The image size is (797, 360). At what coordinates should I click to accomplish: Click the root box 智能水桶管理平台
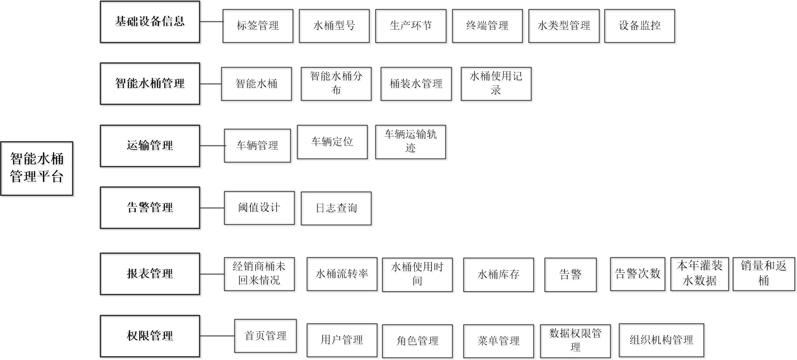point(36,168)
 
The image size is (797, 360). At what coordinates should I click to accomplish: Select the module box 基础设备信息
point(150,22)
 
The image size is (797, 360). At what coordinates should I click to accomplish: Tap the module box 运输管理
point(150,145)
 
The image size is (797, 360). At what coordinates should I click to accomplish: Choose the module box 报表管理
point(150,274)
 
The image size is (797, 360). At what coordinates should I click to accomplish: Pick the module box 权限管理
point(150,336)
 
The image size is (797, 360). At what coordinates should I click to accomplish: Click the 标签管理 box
point(258,26)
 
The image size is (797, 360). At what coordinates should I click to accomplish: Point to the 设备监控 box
point(639,26)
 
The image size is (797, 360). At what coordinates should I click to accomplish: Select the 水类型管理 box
point(564,26)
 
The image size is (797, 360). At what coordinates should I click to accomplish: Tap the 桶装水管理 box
point(416,84)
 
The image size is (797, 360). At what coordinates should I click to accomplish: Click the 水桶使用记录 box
point(496,84)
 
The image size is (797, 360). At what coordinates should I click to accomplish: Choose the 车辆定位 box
point(332,142)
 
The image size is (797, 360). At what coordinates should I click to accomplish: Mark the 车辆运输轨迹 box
point(410,142)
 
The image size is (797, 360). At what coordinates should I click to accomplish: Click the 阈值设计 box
point(259,208)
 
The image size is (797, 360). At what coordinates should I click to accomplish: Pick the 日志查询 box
point(336,208)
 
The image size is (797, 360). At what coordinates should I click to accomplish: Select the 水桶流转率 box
point(342,274)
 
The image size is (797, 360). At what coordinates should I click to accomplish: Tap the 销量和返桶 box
point(764,274)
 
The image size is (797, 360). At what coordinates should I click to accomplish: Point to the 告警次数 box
point(638,274)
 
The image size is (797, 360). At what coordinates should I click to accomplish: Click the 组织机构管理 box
point(661,340)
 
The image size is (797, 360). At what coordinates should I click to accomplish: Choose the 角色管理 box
point(417,341)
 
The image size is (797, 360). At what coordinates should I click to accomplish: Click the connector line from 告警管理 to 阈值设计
point(212,208)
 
